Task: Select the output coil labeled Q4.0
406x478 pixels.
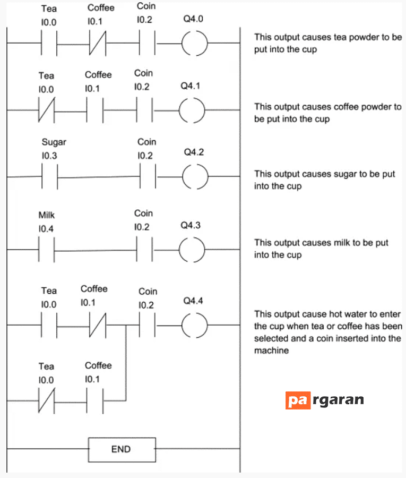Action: (x=182, y=43)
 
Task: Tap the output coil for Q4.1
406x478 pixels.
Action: (x=179, y=110)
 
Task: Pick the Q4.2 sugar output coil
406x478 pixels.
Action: (x=183, y=176)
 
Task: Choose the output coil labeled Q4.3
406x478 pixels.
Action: (x=179, y=250)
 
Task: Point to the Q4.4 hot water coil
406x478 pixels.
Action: (x=182, y=326)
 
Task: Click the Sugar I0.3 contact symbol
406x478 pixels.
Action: (x=50, y=176)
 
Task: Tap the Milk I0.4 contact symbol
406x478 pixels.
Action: (x=46, y=250)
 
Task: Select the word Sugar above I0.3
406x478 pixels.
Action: (x=54, y=142)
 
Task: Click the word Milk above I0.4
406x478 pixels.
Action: (x=46, y=215)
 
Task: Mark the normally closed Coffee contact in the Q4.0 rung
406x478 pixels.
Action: (x=98, y=43)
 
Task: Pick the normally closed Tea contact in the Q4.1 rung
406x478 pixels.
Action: (x=46, y=110)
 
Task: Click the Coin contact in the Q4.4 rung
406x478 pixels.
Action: (x=147, y=326)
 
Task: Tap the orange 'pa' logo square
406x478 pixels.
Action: (x=298, y=400)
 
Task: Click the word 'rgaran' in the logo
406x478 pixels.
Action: (x=338, y=400)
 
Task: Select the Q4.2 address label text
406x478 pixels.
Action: (x=194, y=152)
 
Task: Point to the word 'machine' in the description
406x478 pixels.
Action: (x=271, y=351)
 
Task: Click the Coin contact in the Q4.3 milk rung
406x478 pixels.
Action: (x=144, y=250)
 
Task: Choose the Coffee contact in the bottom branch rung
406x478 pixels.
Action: (x=94, y=401)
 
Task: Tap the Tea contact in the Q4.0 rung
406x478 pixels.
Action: (x=49, y=43)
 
